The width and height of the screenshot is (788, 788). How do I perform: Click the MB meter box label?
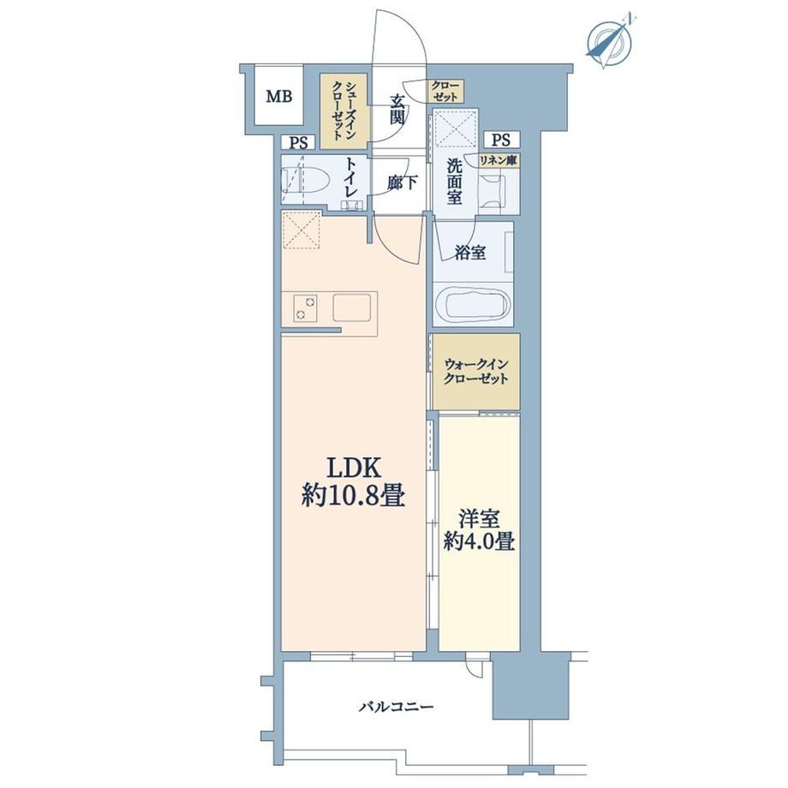279,96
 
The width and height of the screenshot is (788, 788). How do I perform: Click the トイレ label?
351,178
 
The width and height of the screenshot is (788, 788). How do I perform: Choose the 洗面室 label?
454,182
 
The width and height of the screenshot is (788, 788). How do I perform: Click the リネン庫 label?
498,160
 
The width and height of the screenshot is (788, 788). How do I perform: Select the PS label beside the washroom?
500,140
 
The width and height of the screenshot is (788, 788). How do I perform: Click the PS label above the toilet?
298,143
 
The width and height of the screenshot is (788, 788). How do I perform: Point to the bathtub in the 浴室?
473,304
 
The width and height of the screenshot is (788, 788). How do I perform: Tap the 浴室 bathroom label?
470,253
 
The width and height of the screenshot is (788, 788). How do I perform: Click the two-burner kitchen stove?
306,307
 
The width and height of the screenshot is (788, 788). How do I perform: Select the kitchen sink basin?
352,307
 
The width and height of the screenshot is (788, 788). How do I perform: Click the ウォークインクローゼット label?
476,371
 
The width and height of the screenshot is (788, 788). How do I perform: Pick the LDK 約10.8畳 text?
353,482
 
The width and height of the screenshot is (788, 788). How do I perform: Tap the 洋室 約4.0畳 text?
479,531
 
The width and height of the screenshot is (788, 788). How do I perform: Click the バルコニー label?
396,707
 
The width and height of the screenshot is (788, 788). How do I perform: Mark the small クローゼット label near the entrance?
445,91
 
